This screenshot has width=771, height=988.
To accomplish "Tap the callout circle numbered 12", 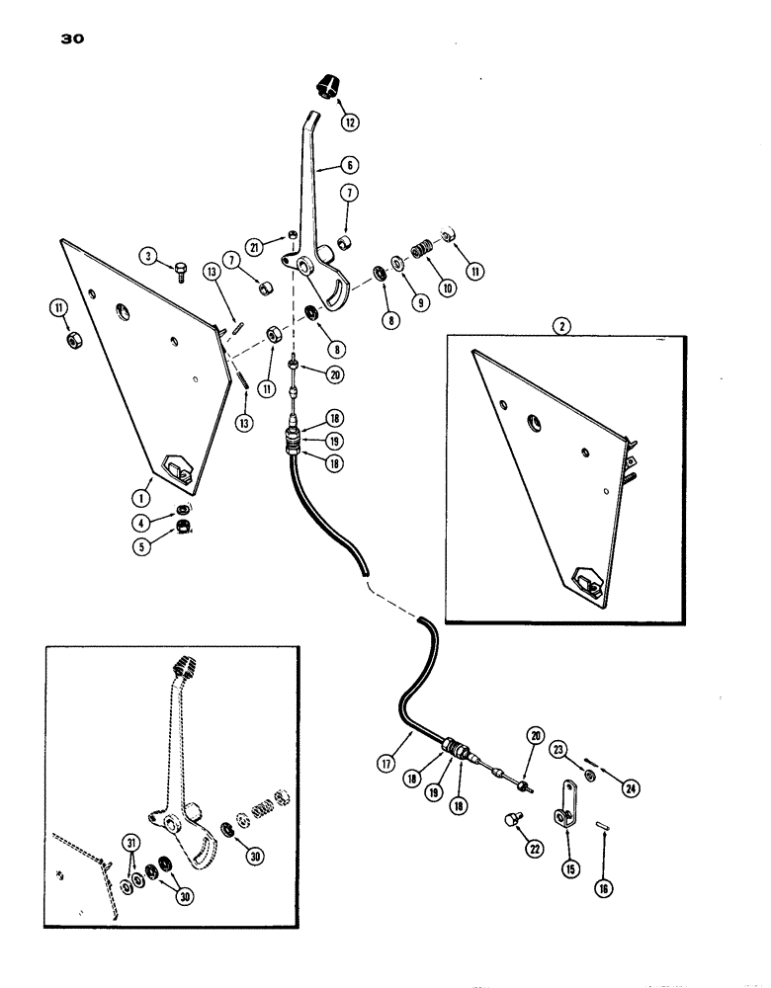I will (x=346, y=123).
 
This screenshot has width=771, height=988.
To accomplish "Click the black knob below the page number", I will (x=326, y=85).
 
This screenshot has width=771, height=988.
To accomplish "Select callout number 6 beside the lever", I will (x=352, y=167).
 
